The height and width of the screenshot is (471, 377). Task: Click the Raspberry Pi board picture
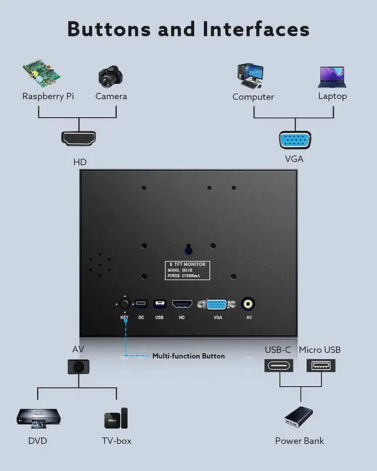point(43,73)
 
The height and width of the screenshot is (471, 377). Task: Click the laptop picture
point(332,77)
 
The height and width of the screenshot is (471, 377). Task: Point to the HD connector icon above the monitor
point(78,138)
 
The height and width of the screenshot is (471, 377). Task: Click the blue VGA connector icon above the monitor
point(295,140)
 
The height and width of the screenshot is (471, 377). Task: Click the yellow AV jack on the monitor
point(249,304)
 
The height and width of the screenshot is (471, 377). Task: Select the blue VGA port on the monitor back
point(217,304)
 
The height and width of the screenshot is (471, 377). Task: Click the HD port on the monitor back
point(182,304)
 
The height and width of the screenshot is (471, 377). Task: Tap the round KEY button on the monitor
point(125,304)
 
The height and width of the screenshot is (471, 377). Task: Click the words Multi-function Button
point(188,356)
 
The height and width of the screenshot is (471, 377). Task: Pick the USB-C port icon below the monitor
point(278,366)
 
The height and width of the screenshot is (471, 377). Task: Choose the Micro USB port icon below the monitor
point(321,366)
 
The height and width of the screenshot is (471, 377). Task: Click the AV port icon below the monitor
point(78,367)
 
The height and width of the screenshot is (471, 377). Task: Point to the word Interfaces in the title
point(256,28)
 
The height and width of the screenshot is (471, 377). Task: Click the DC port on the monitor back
point(141,304)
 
